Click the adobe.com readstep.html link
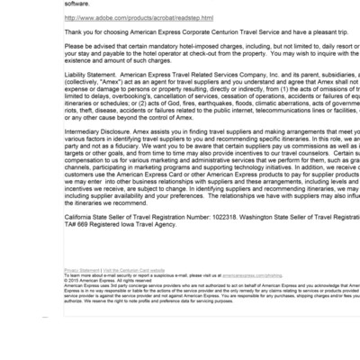pos(139,17)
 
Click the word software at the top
pos(76,3)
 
